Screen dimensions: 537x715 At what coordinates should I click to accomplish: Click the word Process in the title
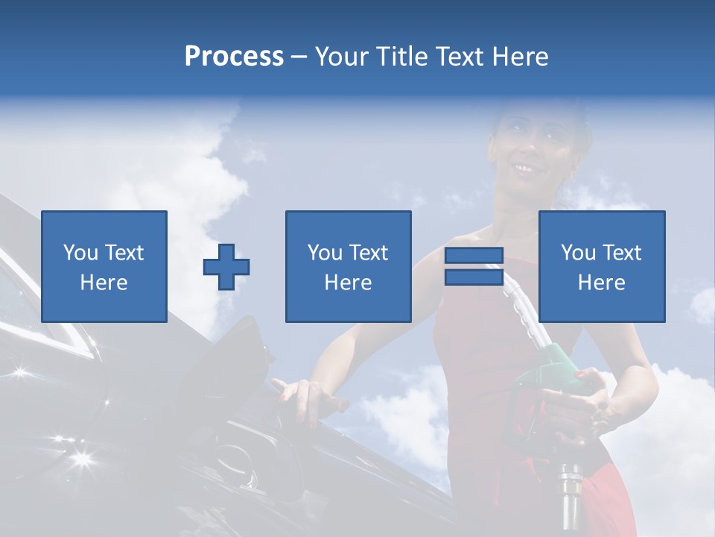[234, 57]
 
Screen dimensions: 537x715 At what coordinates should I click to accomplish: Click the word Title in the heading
[402, 57]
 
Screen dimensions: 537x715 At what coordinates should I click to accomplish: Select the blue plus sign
[226, 266]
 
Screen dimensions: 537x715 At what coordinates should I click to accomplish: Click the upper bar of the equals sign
[474, 256]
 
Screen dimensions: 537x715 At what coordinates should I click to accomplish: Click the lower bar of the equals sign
[474, 277]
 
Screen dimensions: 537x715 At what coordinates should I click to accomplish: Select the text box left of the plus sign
[104, 266]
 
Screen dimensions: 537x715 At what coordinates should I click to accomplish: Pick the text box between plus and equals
[348, 266]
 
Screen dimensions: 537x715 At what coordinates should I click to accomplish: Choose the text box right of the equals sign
[602, 266]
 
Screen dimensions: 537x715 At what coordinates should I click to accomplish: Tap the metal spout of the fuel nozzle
[570, 492]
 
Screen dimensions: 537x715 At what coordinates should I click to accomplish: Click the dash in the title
[299, 57]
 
